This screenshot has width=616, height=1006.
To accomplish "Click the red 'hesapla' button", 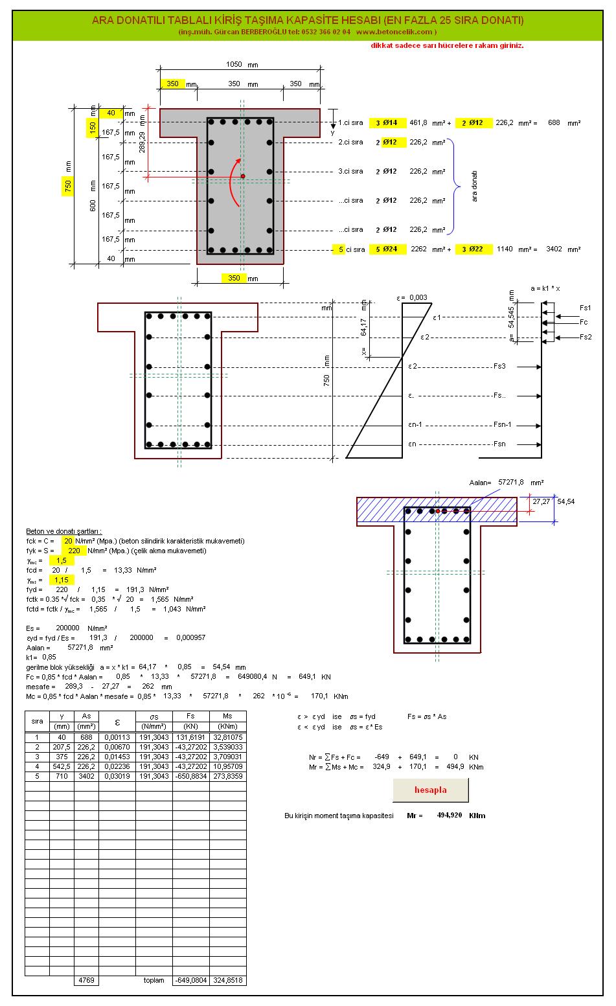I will (430, 790).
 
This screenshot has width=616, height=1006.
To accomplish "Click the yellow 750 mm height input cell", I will (69, 187).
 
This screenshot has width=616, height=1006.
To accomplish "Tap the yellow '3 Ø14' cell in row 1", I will (387, 123).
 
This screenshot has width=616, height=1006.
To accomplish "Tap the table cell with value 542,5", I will (62, 766).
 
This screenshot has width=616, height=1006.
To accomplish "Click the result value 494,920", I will (449, 816).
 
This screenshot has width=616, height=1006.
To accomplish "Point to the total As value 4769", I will (86, 981).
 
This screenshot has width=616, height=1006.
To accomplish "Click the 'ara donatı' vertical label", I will (473, 187).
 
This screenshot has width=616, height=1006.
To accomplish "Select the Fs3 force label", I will (499, 367).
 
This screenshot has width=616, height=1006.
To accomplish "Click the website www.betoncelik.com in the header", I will (394, 32).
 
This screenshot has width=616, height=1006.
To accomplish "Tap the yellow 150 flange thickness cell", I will (93, 129).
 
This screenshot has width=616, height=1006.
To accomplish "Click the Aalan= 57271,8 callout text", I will (506, 483).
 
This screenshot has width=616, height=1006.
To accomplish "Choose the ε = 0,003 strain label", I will (412, 298).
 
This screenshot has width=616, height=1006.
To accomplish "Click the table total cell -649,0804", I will (190, 981).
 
